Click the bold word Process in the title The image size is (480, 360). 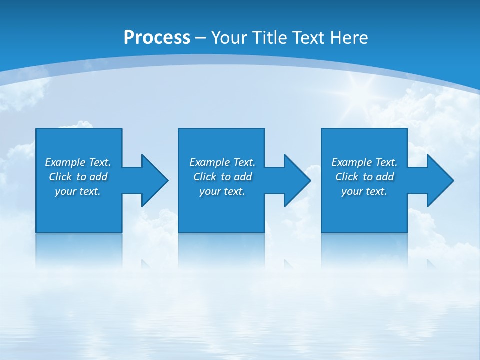[157, 38]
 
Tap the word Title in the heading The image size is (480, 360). [270, 38]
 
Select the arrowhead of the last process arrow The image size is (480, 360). [439, 180]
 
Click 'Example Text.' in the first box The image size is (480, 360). [78, 162]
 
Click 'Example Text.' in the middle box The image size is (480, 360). [222, 162]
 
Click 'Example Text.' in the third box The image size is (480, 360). [364, 162]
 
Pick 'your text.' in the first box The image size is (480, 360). [78, 191]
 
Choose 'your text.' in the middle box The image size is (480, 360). [222, 191]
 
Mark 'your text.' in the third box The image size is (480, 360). [364, 191]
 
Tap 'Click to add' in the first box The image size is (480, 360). [78, 177]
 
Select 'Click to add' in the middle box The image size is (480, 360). [222, 177]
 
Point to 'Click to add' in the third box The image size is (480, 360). [364, 177]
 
